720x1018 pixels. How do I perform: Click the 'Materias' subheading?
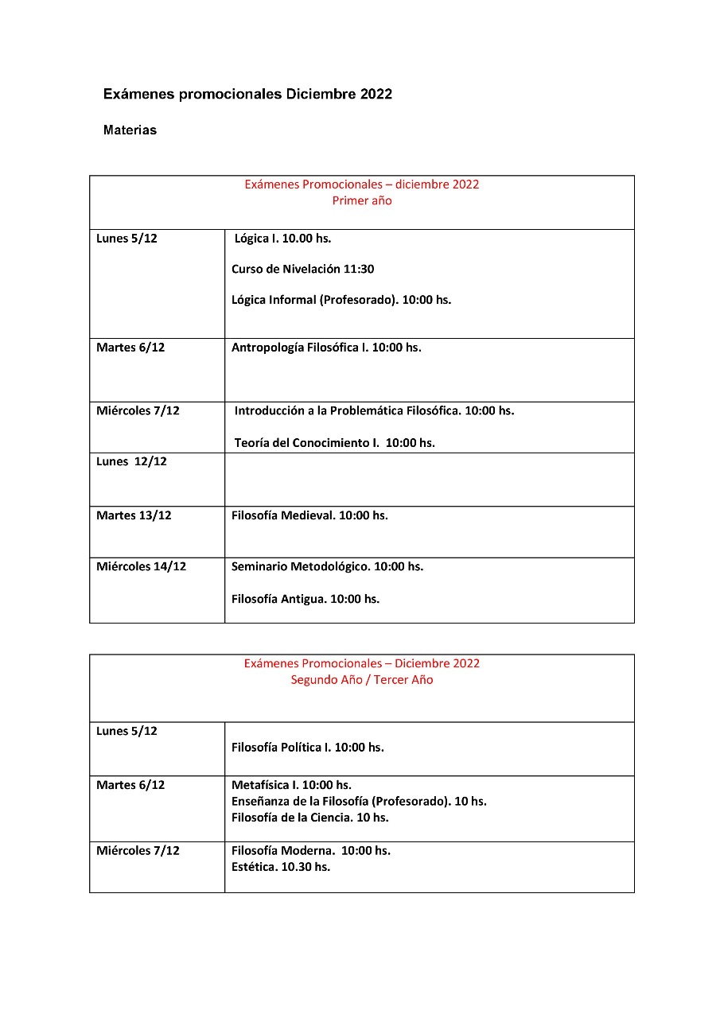click(x=130, y=130)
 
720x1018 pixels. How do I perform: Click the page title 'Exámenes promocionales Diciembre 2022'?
click(x=247, y=94)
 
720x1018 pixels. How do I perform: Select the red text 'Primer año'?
click(x=362, y=201)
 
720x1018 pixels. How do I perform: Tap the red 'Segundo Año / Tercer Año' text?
click(x=362, y=680)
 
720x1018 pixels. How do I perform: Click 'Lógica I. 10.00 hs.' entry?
click(x=282, y=239)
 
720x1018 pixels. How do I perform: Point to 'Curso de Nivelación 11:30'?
click(x=302, y=269)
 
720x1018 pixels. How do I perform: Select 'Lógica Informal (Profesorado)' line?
click(x=341, y=300)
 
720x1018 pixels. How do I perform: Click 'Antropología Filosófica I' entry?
click(x=326, y=348)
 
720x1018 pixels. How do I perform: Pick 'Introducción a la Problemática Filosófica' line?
click(x=374, y=411)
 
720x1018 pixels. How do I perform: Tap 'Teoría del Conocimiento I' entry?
click(x=334, y=443)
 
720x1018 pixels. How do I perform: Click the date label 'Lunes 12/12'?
click(x=131, y=461)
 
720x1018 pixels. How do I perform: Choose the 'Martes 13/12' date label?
click(x=134, y=515)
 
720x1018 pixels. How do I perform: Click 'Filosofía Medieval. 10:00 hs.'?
click(x=309, y=515)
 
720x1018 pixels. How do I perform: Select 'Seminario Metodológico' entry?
click(x=327, y=567)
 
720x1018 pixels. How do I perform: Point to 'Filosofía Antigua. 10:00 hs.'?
click(x=306, y=599)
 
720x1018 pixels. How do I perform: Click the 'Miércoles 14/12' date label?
click(x=141, y=567)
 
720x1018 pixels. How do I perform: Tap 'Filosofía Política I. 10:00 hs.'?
click(x=307, y=748)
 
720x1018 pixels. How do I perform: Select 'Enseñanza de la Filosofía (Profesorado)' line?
click(x=359, y=801)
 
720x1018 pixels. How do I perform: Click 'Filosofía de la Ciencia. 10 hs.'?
click(x=310, y=817)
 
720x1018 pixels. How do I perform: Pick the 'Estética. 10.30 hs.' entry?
click(x=281, y=866)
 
